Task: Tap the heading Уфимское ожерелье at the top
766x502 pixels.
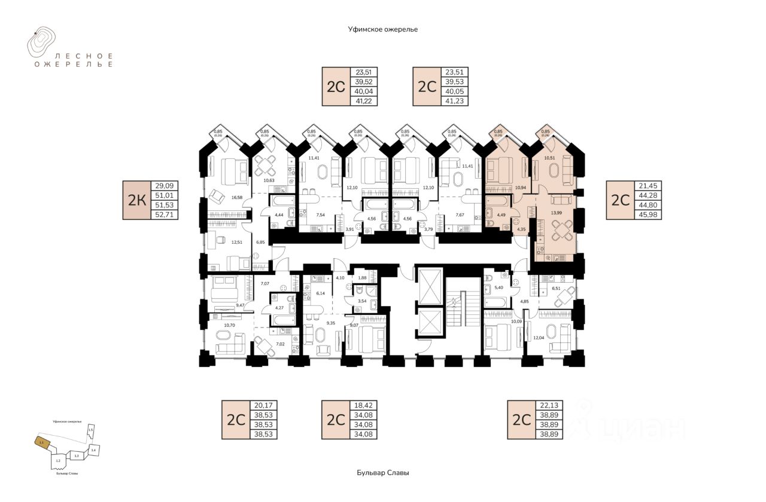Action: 383,29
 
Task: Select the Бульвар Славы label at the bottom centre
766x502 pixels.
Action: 383,473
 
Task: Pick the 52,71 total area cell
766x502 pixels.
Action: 165,214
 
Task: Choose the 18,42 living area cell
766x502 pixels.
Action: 364,405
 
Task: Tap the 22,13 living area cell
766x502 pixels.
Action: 549,405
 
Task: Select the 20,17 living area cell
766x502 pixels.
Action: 263,405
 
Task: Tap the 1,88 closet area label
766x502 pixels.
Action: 361,277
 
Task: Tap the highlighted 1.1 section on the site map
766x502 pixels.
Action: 41,443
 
